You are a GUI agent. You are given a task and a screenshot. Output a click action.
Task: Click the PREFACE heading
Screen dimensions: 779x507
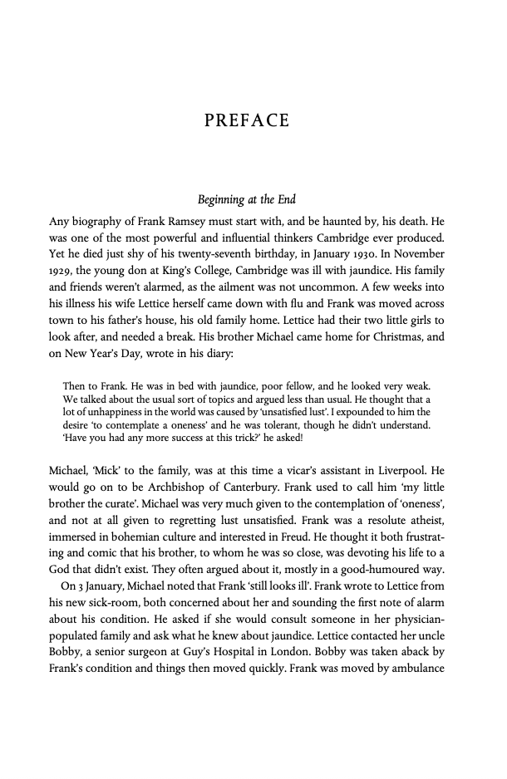pyautogui.click(x=247, y=121)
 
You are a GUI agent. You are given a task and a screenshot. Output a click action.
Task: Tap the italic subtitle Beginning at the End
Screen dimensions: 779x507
pyautogui.click(x=247, y=200)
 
